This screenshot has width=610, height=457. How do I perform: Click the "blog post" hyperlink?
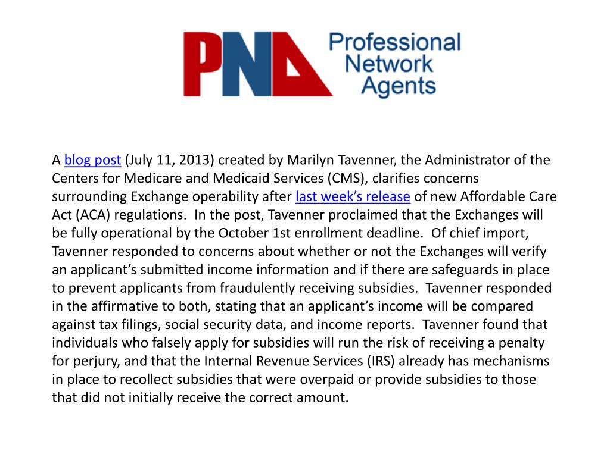[92, 160]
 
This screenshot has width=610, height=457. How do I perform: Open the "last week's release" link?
[353, 197]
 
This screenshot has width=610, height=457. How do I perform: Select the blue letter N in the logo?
[256, 64]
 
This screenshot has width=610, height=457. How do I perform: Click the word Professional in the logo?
[395, 42]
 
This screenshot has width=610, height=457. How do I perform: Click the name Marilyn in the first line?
[310, 160]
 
